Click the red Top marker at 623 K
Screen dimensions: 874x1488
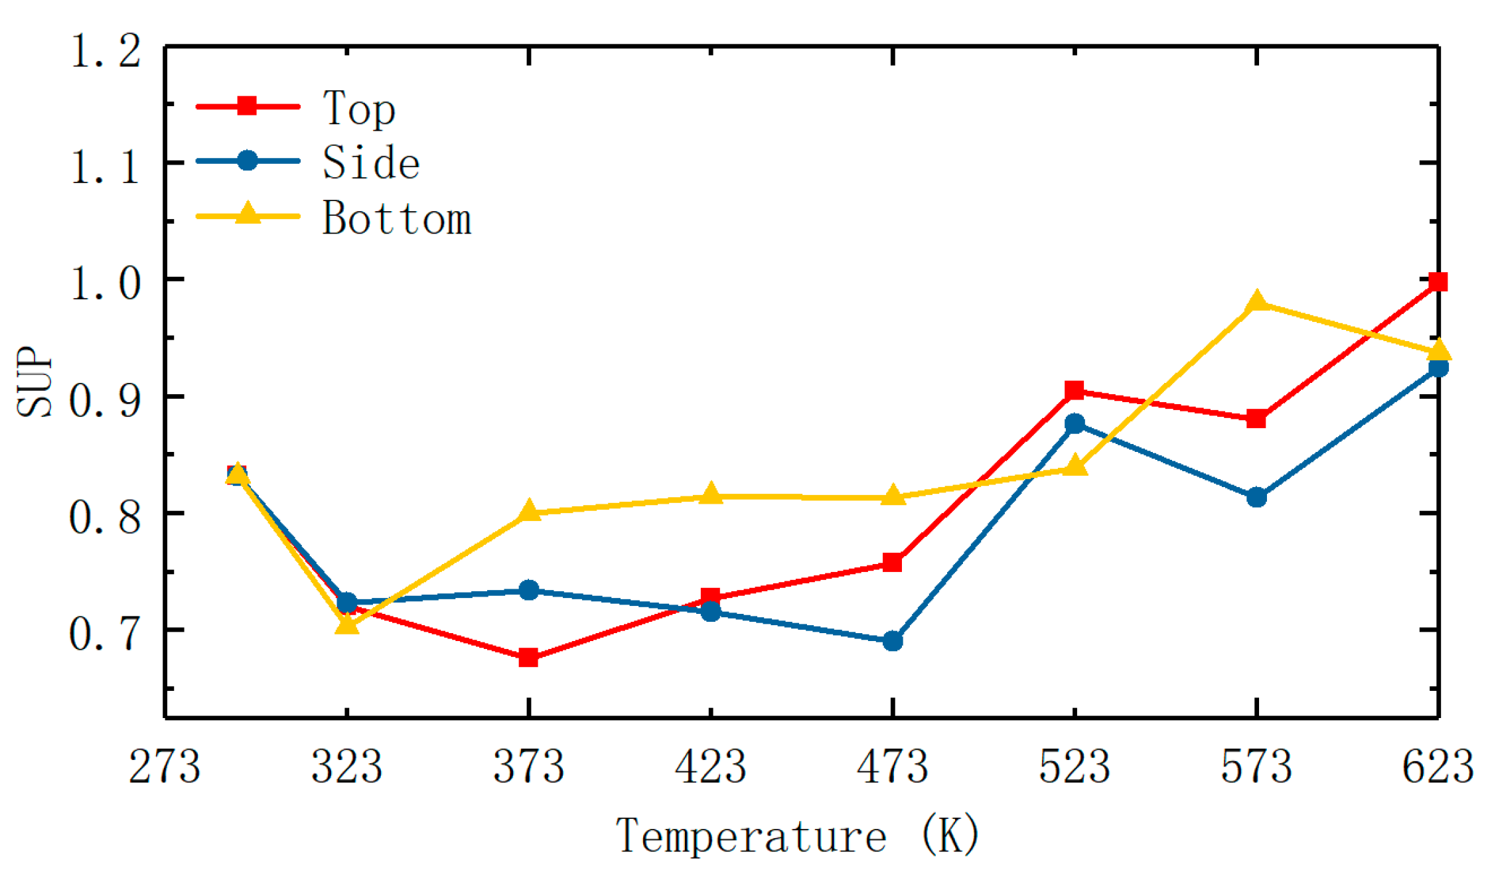(x=1438, y=282)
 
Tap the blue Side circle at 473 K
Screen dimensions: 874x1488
(x=893, y=641)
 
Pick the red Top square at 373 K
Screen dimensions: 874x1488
(x=528, y=658)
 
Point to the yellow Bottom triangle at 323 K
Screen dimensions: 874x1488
(x=346, y=624)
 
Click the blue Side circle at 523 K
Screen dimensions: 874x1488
(x=1075, y=423)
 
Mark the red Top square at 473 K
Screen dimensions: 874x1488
(x=893, y=563)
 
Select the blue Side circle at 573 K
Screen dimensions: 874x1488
(x=1256, y=497)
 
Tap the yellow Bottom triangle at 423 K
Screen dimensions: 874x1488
(x=711, y=494)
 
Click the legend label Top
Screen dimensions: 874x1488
(x=359, y=108)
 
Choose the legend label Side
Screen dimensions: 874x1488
(x=371, y=163)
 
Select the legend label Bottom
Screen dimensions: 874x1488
(x=397, y=218)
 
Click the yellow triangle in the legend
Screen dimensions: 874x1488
(x=248, y=214)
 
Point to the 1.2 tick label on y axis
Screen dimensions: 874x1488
(x=105, y=50)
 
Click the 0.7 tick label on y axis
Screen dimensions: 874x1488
(x=105, y=632)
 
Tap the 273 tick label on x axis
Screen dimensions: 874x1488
(x=164, y=767)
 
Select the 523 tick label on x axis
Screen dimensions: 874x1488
(x=1075, y=767)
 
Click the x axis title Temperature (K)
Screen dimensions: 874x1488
(x=797, y=836)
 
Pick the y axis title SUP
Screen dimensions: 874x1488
(x=35, y=383)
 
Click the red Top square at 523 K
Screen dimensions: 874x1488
(x=1075, y=390)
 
